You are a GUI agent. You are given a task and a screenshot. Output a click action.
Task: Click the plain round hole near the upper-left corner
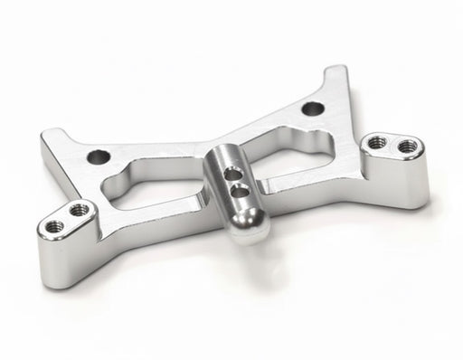(99, 156)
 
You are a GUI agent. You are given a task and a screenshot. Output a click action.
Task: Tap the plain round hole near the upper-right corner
(313, 109)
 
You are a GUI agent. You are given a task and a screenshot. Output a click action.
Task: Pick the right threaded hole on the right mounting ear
(407, 145)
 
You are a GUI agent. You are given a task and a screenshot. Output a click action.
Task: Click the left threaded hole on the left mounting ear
(56, 225)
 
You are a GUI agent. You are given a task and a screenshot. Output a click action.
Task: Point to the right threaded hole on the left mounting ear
(80, 210)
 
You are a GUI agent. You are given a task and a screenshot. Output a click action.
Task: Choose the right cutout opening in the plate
(289, 149)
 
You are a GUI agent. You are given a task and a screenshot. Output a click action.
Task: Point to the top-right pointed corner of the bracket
(336, 70)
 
